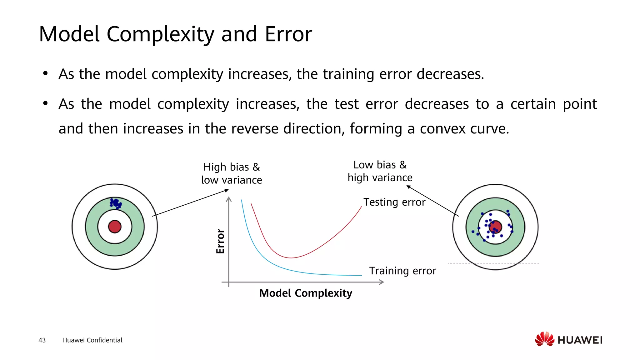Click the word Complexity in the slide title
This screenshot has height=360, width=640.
[160, 34]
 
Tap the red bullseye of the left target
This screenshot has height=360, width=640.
[115, 227]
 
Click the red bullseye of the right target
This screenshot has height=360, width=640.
[495, 227]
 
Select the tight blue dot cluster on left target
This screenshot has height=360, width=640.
[116, 203]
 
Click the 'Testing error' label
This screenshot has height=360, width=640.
[394, 202]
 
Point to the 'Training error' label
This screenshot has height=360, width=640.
[402, 271]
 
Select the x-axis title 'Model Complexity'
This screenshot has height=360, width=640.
[306, 293]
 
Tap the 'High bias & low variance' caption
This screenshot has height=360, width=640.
[232, 173]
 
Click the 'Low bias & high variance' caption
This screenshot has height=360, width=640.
[380, 171]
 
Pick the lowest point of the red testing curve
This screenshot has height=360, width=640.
[291, 258]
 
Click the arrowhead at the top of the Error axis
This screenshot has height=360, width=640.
[229, 199]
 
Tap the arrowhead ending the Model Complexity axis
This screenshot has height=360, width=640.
[382, 282]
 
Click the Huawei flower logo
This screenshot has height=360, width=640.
[544, 339]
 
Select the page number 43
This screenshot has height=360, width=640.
[42, 340]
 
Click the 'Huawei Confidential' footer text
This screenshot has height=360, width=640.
[92, 340]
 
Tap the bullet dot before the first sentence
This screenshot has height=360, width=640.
[46, 74]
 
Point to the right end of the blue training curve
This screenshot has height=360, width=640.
[361, 275]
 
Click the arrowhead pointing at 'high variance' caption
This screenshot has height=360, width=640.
[408, 187]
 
